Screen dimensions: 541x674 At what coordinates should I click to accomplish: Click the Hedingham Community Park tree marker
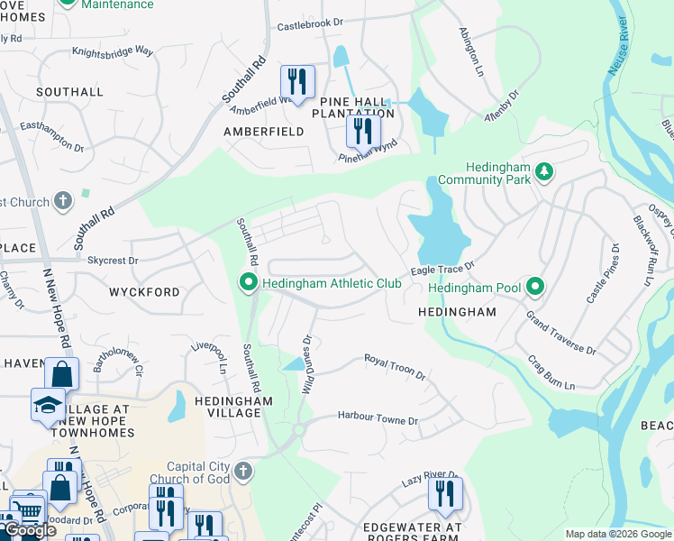543,170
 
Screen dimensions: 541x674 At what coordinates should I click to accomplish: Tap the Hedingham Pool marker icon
535,287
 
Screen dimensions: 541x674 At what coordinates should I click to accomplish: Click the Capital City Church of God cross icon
243,471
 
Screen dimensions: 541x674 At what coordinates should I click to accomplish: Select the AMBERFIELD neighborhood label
264,132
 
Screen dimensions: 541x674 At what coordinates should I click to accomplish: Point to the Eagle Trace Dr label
442,269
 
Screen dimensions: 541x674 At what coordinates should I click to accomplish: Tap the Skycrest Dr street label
113,260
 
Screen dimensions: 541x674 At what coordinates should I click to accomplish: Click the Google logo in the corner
31,530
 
